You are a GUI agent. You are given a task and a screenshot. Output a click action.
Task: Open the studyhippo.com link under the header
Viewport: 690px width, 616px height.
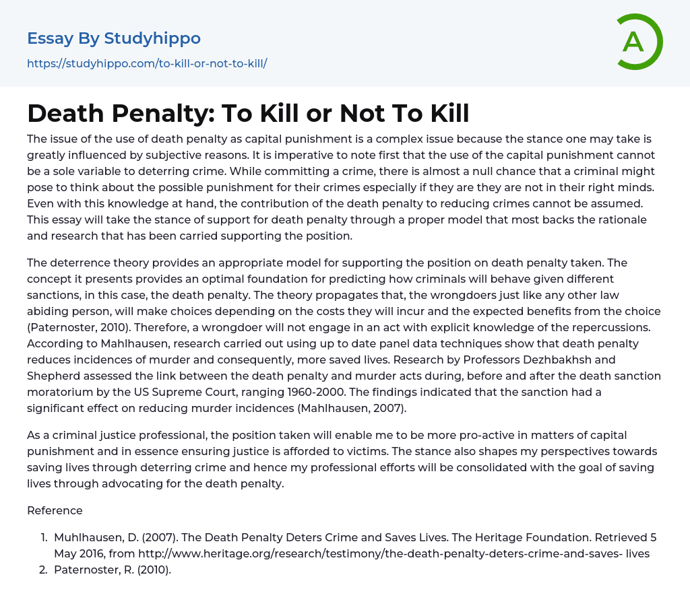[x=147, y=63]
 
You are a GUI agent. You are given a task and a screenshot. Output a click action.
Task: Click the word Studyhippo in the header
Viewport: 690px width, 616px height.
[x=152, y=38]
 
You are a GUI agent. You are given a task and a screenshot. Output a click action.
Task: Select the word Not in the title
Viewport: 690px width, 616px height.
[x=367, y=113]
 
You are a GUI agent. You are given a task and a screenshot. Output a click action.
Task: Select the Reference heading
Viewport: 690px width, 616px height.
[x=55, y=510]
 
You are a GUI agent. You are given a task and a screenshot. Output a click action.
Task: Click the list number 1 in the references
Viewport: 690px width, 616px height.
[x=44, y=537]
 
